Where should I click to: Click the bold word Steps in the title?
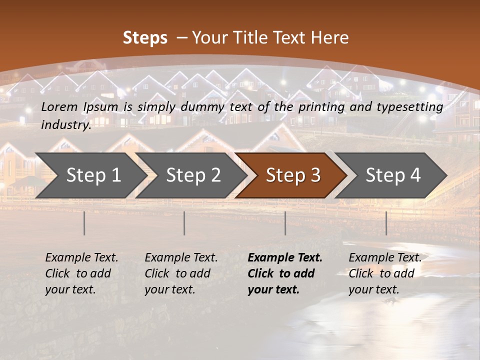tap(145, 38)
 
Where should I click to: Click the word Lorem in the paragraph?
tap(59, 106)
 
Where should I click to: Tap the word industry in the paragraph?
tap(66, 125)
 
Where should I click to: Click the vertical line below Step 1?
tap(84, 223)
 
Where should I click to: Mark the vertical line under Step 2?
tap(184, 223)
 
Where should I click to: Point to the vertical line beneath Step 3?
tap(285, 223)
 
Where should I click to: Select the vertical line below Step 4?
tap(386, 223)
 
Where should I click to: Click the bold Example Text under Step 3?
tap(285, 258)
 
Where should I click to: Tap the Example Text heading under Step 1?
tap(81, 258)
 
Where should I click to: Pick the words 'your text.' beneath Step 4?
tap(373, 289)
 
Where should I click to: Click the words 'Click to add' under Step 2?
tap(177, 274)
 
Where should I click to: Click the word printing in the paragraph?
tap(320, 106)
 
